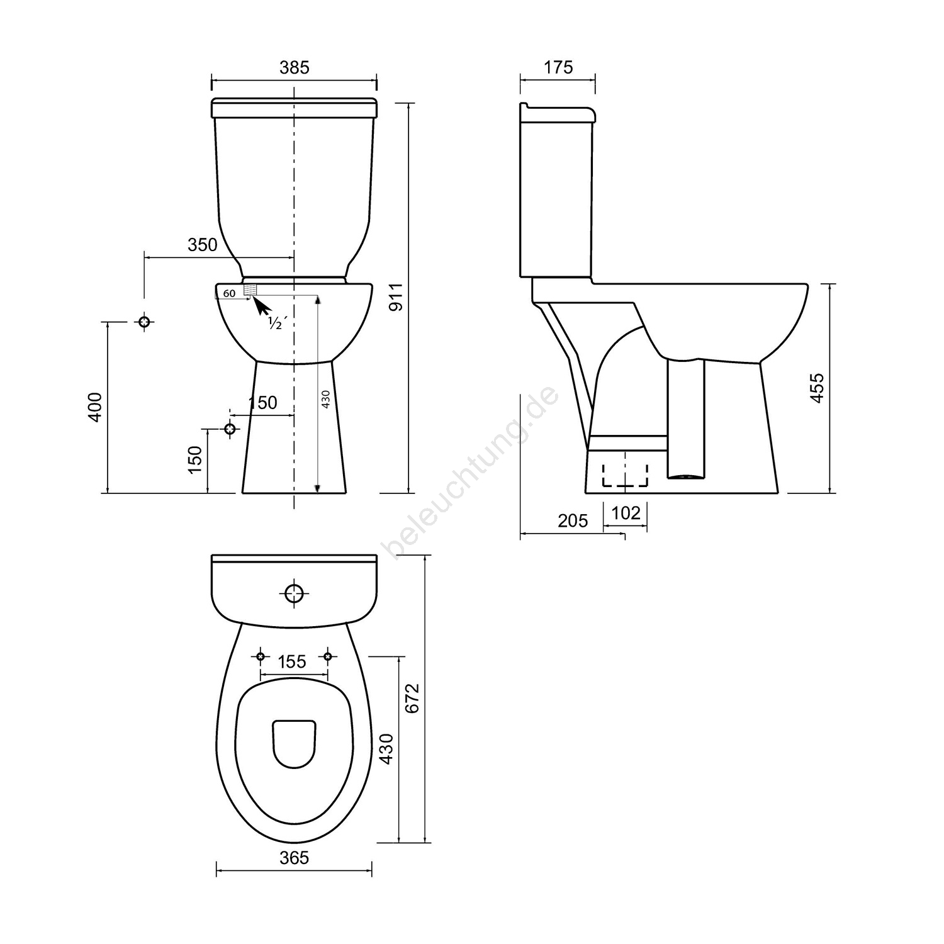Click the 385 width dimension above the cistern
[x=295, y=67]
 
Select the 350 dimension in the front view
[x=202, y=245]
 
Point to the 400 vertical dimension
[x=94, y=407]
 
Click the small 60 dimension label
[x=229, y=293]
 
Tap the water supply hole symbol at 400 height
[x=145, y=322]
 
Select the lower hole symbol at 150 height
[x=230, y=429]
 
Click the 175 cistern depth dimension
[x=558, y=67]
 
